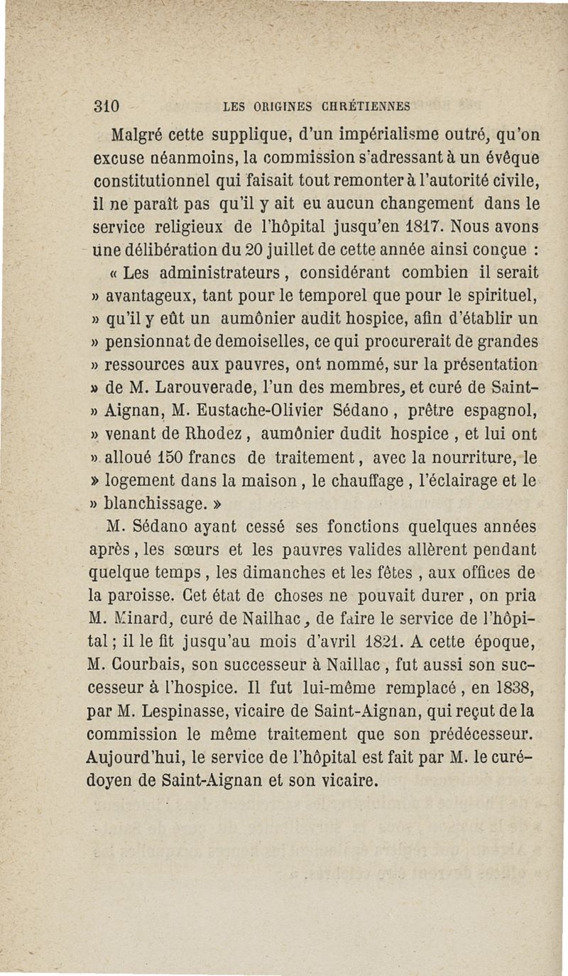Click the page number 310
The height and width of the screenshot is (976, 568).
tap(110, 106)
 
